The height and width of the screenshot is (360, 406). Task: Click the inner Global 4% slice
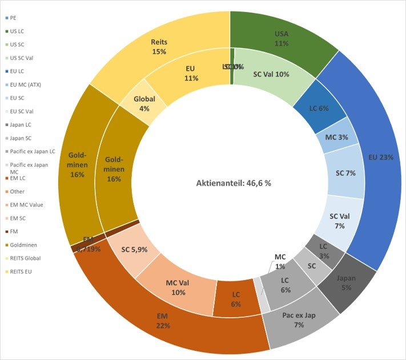(x=144, y=103)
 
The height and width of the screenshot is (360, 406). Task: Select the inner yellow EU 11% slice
(x=190, y=73)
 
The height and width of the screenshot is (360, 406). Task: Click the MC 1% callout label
(x=280, y=261)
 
